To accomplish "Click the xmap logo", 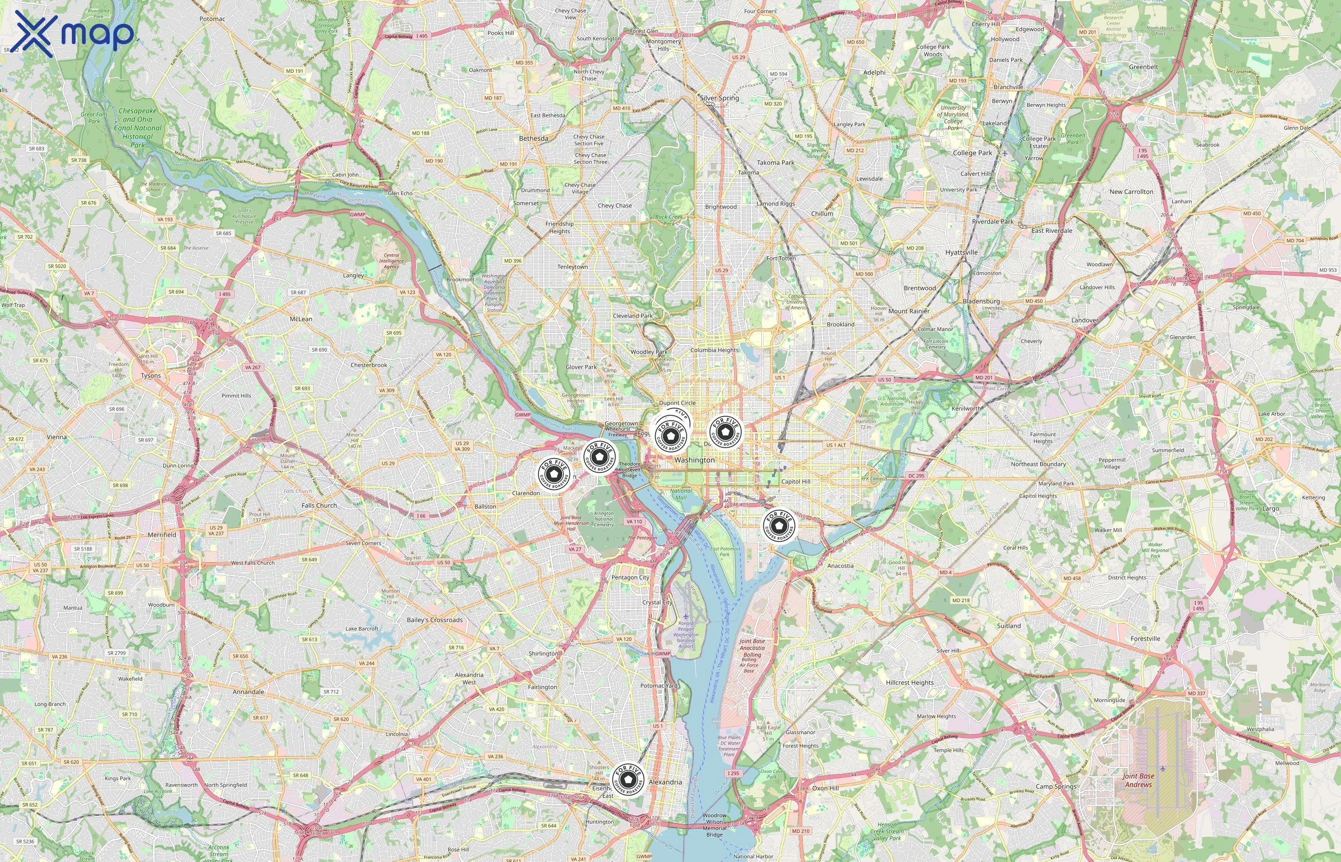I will [x=74, y=33].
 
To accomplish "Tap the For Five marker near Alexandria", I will [x=628, y=780].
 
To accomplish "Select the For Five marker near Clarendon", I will [x=554, y=475].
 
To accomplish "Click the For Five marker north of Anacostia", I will [x=779, y=526].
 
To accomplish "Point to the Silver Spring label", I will [x=719, y=98].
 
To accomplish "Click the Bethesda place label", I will [x=534, y=138].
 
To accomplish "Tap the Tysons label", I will [x=150, y=375].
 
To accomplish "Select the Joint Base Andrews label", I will [x=1138, y=780].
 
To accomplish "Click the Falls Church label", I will [x=319, y=505].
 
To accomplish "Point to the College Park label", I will [x=972, y=153].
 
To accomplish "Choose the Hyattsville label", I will [x=961, y=252].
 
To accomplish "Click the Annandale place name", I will [x=248, y=692].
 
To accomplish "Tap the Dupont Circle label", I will [x=677, y=403].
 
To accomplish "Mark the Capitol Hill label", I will [x=796, y=481].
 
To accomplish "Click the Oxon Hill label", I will [x=825, y=788].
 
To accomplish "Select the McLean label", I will [x=301, y=319].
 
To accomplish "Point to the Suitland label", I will [x=1009, y=626].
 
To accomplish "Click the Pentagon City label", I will [x=630, y=578].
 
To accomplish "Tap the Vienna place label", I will [x=57, y=437].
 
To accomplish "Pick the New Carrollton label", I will [x=1131, y=192].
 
